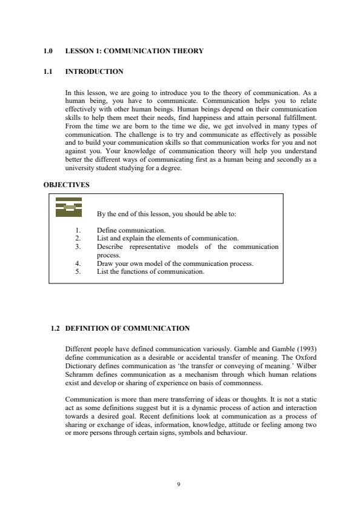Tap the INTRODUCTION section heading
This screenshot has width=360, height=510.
click(94, 71)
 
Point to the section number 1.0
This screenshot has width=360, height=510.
click(48, 51)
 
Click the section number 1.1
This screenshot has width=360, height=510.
click(48, 71)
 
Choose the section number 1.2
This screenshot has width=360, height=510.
click(56, 328)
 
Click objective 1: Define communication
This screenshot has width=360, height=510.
click(131, 230)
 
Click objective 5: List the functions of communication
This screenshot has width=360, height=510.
click(150, 271)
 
